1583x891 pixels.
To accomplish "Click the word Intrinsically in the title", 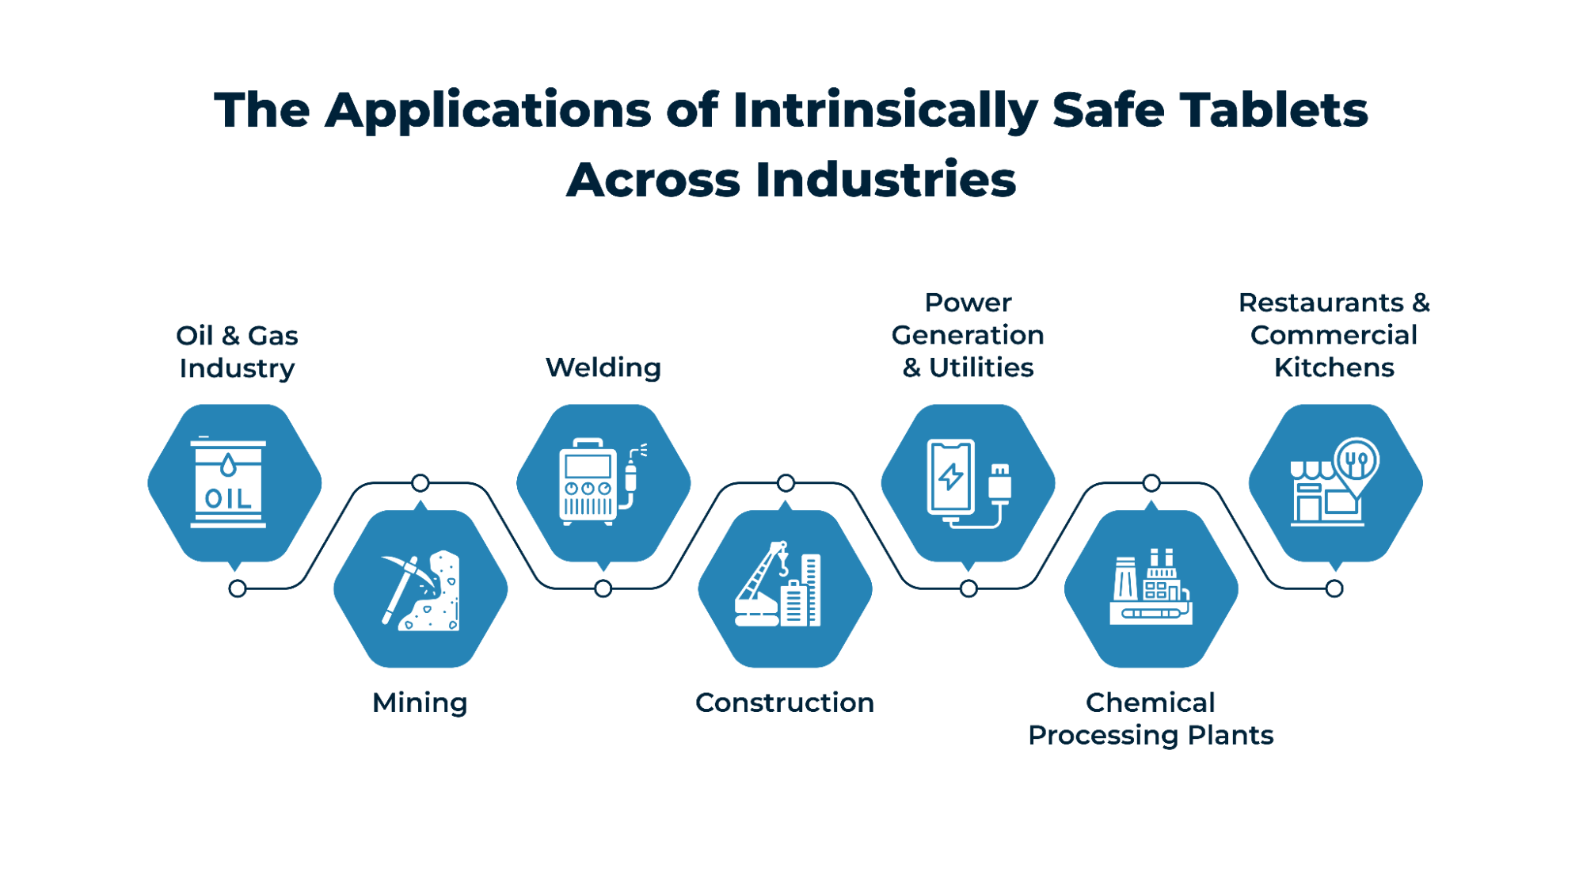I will point(885,109).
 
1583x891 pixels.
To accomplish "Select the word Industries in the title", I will point(885,179).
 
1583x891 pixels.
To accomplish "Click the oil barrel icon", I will point(228,482).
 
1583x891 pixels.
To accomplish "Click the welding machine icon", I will point(588,482).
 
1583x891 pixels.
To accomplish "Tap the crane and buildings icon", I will point(778,586).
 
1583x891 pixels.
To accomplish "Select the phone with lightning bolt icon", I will point(951,477).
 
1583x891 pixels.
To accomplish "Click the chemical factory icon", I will point(1151,588).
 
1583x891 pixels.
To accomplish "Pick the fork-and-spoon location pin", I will point(1357,461).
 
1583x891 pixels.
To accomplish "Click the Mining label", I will point(420,703).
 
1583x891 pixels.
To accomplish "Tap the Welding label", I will point(603,367).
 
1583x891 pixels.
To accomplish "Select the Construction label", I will point(785,703).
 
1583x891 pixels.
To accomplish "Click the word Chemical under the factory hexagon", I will point(1150,703).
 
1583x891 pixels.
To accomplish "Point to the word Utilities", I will point(981,367).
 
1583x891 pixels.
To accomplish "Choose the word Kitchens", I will point(1334,367).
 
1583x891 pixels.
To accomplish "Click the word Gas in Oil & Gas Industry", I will point(273,336).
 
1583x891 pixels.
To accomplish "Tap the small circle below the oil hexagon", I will point(237,588).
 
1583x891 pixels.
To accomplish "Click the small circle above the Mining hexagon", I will point(420,482).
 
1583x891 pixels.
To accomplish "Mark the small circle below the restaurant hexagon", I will point(1334,588).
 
